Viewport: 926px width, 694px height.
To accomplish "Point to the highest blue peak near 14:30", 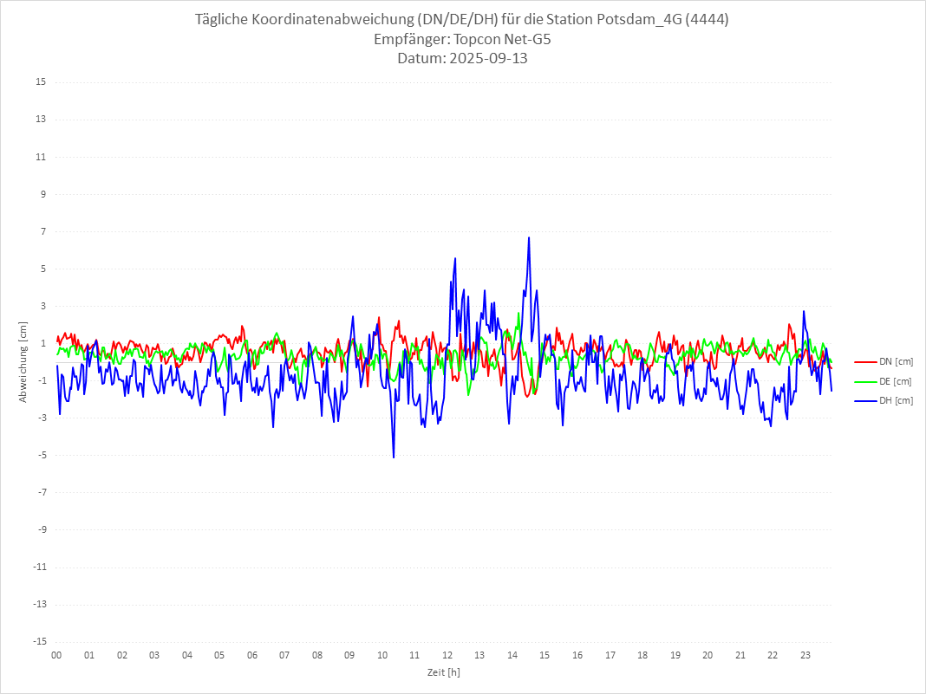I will pyautogui.click(x=528, y=237).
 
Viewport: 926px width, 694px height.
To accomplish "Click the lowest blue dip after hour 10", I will pyautogui.click(x=394, y=457).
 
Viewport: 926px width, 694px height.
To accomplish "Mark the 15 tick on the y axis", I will pyautogui.click(x=40, y=82).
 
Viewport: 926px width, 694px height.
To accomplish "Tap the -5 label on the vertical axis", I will pyautogui.click(x=41, y=455).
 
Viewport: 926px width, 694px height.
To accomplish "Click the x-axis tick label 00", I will pyautogui.click(x=56, y=655).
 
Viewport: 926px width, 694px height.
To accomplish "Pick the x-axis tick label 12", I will pyautogui.click(x=447, y=655).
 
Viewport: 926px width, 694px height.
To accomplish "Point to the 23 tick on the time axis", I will pyautogui.click(x=805, y=655).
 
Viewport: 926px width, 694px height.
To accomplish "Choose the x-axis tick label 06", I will pyautogui.click(x=251, y=655).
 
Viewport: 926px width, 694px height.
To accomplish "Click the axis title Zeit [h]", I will pyautogui.click(x=443, y=672).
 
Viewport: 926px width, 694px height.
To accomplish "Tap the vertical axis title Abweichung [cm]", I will pyautogui.click(x=23, y=361).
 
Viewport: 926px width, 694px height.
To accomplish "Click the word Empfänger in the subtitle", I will pyautogui.click(x=410, y=39).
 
